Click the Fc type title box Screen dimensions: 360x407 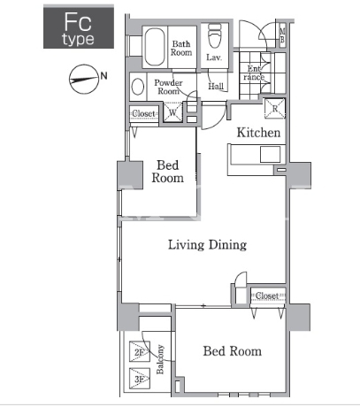pyautogui.click(x=79, y=27)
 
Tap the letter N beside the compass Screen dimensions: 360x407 pyautogui.click(x=103, y=76)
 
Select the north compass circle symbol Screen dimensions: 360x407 pyautogui.click(x=84, y=79)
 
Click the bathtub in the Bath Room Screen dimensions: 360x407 pyautogui.click(x=155, y=47)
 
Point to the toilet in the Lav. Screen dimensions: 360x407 pyautogui.click(x=215, y=35)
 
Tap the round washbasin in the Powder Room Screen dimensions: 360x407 pyautogui.click(x=138, y=87)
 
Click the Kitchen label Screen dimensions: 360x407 pyautogui.click(x=258, y=133)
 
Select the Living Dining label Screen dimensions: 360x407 pyautogui.click(x=207, y=245)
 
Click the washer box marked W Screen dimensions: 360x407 pyautogui.click(x=172, y=111)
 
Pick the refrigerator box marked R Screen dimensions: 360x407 pyautogui.click(x=275, y=109)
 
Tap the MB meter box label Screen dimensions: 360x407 pyautogui.click(x=282, y=35)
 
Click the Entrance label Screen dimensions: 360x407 pyautogui.click(x=254, y=73)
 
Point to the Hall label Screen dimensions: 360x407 pyautogui.click(x=216, y=86)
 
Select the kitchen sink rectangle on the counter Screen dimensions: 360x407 pyautogui.click(x=270, y=155)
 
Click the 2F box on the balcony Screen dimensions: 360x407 pyautogui.click(x=140, y=351)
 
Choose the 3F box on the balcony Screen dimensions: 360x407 pyautogui.click(x=140, y=379)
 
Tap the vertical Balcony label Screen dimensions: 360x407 pyautogui.click(x=160, y=359)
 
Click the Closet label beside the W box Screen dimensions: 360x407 pyautogui.click(x=143, y=113)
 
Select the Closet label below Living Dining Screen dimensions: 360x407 pyautogui.click(x=267, y=296)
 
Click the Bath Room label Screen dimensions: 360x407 pyautogui.click(x=181, y=49)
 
